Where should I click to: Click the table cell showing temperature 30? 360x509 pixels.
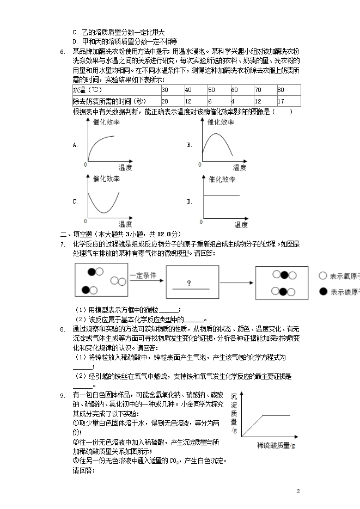tap(164, 90)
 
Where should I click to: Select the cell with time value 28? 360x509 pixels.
tap(164, 101)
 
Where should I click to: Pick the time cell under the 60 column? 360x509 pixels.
tap(233, 101)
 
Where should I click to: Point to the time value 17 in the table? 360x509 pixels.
tap(281, 101)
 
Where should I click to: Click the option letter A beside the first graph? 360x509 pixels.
tap(75, 145)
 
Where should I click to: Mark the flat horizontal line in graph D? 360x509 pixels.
tap(221, 195)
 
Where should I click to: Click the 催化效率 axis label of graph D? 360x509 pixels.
tap(222, 179)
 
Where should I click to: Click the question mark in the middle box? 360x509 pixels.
tap(188, 283)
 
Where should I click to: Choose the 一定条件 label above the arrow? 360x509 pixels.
tap(143, 275)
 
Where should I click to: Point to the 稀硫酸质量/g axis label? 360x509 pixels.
tap(276, 446)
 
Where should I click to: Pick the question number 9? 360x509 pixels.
tap(63, 395)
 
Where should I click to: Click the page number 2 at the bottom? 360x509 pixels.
tap(298, 492)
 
